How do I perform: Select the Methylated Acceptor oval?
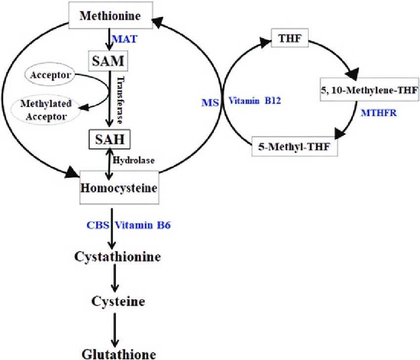point(46,109)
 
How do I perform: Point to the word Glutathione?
point(119,354)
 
